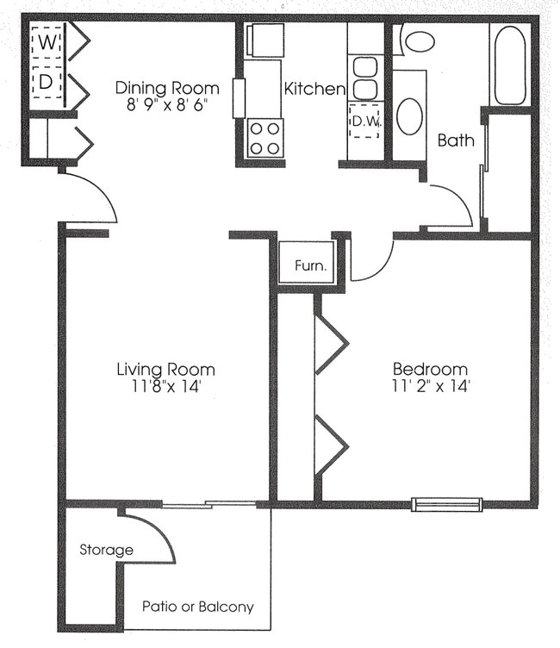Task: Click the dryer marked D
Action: (x=47, y=83)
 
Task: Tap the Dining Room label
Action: (x=168, y=88)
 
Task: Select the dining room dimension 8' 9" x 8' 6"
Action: (x=168, y=107)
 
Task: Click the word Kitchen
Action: (x=314, y=89)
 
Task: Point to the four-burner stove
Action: (x=265, y=138)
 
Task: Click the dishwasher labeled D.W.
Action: (x=364, y=121)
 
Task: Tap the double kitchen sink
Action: (x=365, y=78)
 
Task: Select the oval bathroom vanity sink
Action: (x=410, y=116)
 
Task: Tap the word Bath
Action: (x=456, y=140)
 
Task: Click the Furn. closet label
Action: (x=310, y=265)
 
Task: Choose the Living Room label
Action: (x=165, y=370)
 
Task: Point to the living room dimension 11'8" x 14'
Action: (x=165, y=388)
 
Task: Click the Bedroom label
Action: (x=431, y=370)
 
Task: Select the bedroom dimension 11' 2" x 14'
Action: (x=431, y=388)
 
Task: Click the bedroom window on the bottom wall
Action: (x=446, y=504)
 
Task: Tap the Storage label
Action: (x=106, y=550)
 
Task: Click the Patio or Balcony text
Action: (x=198, y=607)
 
